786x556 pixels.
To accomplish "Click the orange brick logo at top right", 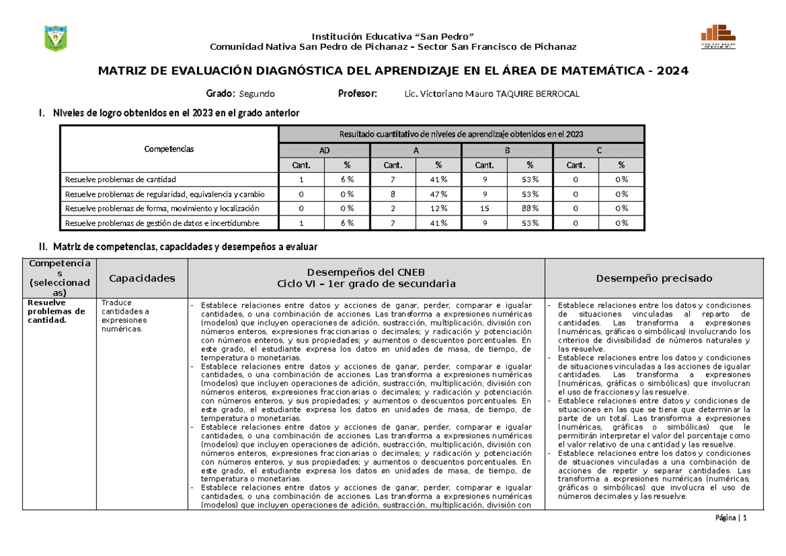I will pos(718,38).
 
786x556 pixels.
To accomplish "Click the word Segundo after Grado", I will pos(257,94).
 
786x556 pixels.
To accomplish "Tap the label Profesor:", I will pos(357,94).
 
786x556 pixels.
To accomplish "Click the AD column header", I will pos(324,150).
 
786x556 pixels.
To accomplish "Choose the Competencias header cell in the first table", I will pos(169,149).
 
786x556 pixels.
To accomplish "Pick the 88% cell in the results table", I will pos(529,208).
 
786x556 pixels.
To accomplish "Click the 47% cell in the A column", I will pos(438,194).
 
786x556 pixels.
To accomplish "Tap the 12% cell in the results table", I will pos(438,208).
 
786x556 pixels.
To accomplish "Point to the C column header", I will pos(599,150).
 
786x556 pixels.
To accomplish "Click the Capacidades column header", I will pos(141,278).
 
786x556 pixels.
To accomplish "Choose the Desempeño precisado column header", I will pos(654,278).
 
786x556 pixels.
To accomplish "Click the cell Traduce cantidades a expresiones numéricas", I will pos(125,316).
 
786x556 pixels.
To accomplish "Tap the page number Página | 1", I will pos(732,518).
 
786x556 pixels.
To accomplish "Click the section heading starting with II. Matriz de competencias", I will pos(179,247).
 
